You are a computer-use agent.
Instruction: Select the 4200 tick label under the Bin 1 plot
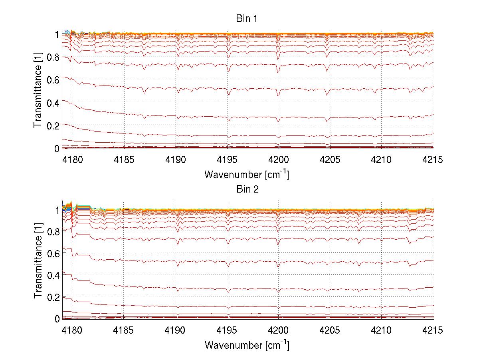(x=278, y=160)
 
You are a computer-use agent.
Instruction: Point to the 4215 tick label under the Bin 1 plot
(x=433, y=160)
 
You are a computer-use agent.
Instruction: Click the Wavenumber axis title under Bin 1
(x=247, y=175)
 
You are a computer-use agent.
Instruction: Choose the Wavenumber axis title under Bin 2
(x=247, y=345)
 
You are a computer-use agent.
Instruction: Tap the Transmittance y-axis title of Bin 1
(x=38, y=91)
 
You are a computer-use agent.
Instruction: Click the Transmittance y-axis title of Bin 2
(x=38, y=261)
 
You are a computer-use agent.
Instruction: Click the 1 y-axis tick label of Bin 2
(x=57, y=210)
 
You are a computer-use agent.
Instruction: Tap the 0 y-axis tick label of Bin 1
(x=57, y=149)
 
